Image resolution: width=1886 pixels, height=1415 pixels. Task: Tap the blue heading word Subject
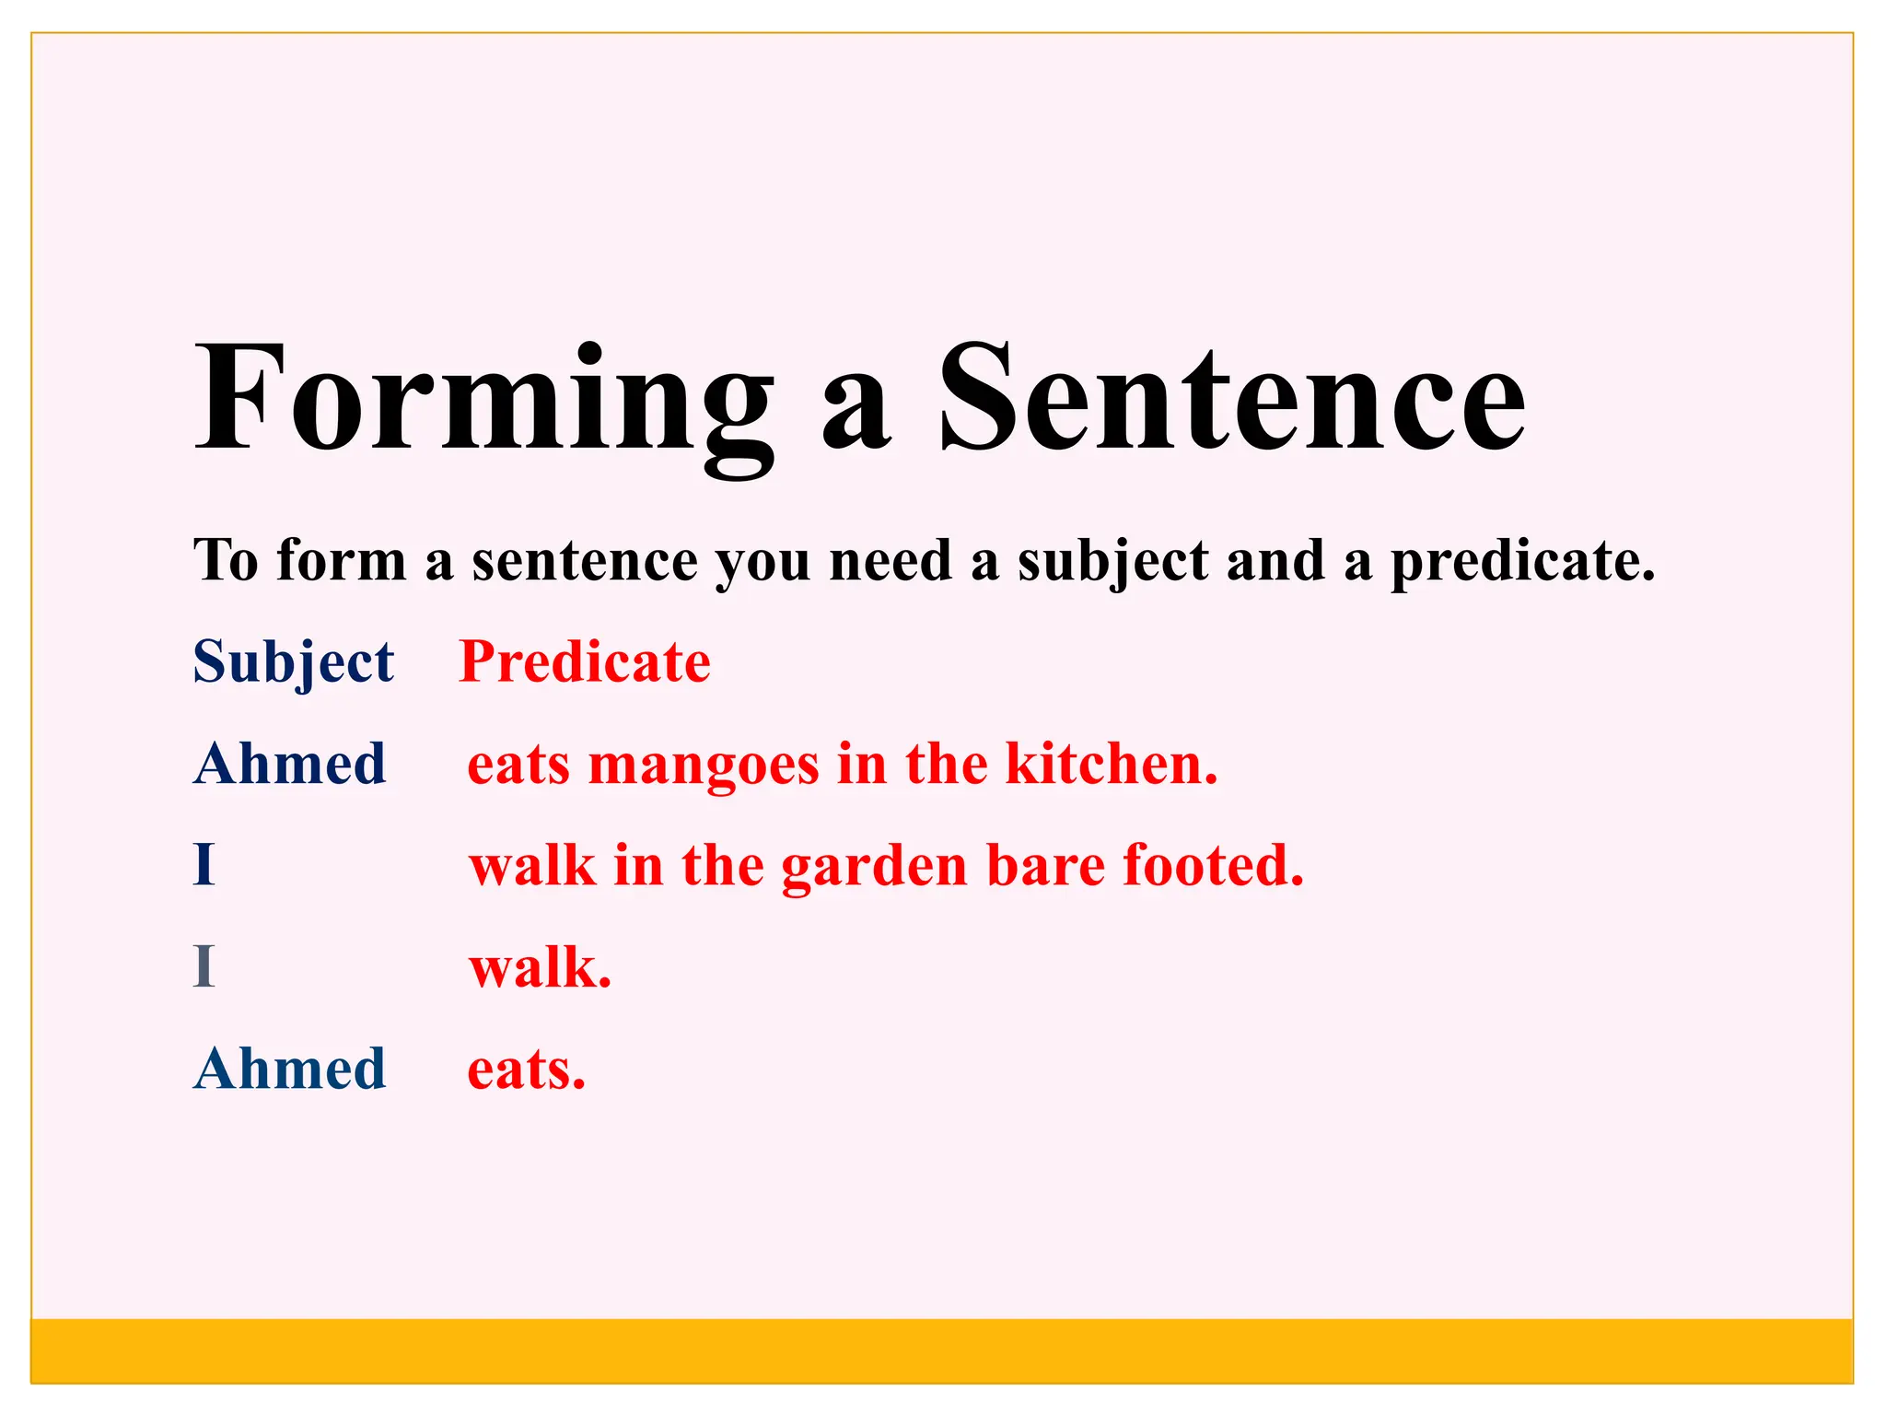(293, 662)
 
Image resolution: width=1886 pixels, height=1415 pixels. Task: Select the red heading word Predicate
(585, 662)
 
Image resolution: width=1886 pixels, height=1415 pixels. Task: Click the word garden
(874, 867)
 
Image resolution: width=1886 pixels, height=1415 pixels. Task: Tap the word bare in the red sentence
(1045, 867)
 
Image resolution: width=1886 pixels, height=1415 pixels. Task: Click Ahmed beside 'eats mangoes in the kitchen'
(290, 764)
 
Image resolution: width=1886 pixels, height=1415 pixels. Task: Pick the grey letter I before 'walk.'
(204, 967)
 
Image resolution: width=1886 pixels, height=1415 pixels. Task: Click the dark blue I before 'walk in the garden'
(204, 865)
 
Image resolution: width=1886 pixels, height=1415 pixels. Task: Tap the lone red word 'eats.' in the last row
(526, 1070)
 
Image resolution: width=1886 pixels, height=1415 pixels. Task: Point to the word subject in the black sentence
(1112, 563)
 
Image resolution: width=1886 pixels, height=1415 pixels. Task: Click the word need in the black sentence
(890, 561)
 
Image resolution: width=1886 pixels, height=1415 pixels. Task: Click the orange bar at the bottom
(941, 1350)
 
